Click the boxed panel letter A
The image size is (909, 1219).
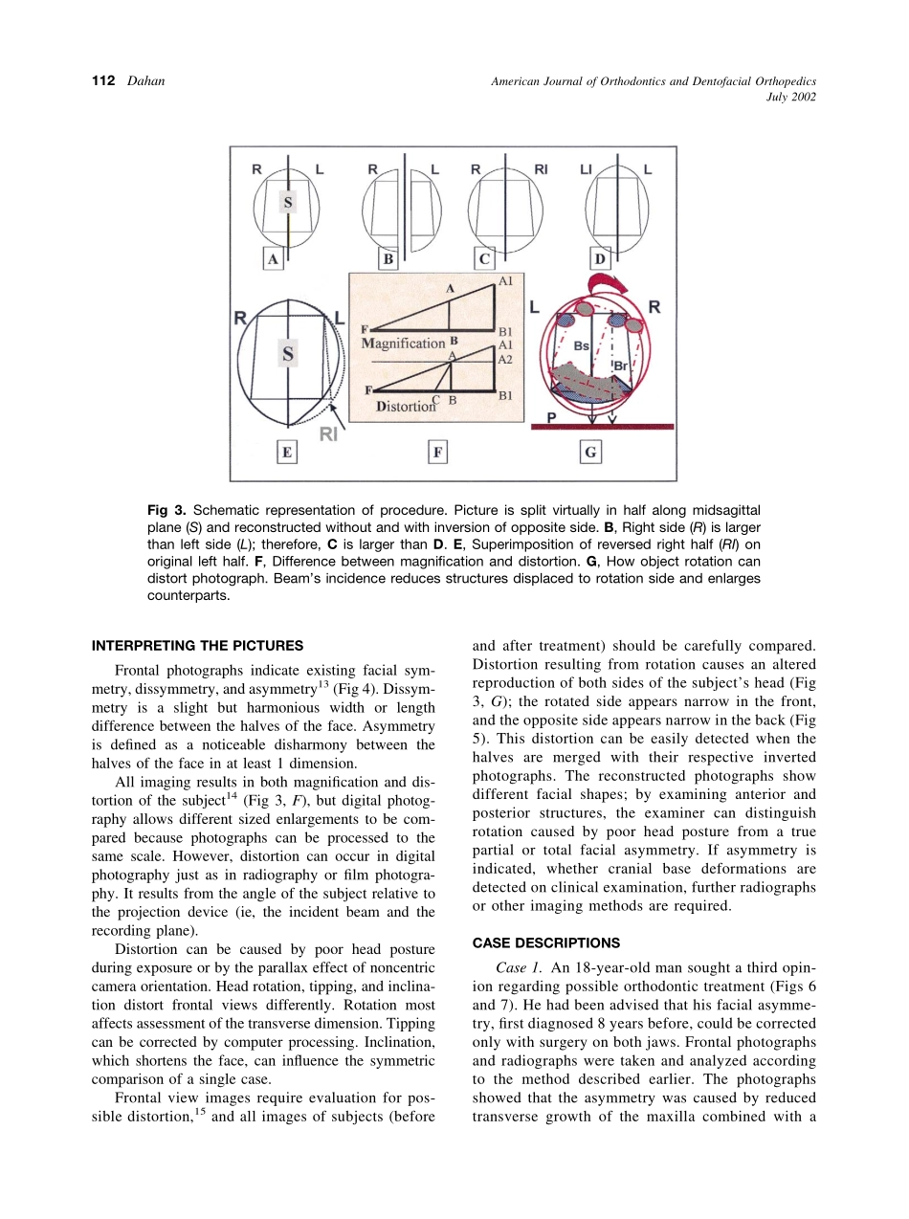click(274, 258)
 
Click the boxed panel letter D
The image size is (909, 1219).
click(600, 258)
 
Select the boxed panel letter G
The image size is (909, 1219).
click(590, 453)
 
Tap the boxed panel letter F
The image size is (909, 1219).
click(436, 453)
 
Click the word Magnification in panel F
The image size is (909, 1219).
click(404, 343)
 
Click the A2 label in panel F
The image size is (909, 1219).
click(506, 360)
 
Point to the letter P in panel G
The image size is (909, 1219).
click(551, 416)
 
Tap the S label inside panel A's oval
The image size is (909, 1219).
click(288, 202)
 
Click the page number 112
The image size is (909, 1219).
click(102, 81)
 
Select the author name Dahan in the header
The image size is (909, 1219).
click(146, 81)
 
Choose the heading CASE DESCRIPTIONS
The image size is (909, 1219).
click(545, 942)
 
